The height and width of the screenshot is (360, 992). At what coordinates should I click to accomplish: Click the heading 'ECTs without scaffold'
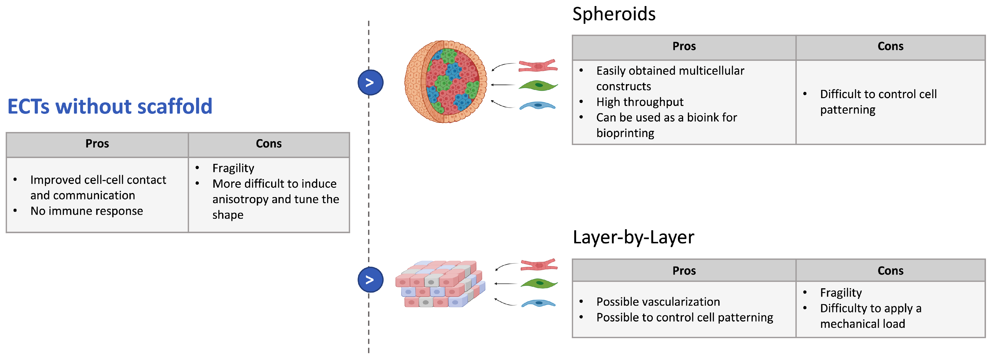coord(110,107)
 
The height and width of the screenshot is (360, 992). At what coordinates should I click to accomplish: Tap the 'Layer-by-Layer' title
coord(633,237)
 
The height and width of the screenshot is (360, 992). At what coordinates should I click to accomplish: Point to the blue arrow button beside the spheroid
coord(370,83)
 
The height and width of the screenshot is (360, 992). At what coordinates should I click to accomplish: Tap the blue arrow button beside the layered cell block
coord(370,280)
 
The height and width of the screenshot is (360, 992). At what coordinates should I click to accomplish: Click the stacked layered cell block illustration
coord(440,284)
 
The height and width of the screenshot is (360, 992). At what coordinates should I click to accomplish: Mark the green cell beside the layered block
coord(539,284)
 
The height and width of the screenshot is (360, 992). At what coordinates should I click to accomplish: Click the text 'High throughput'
coord(640,102)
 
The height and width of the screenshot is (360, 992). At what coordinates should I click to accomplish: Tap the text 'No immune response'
coord(87,211)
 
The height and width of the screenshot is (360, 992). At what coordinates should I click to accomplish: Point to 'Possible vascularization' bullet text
coord(658,302)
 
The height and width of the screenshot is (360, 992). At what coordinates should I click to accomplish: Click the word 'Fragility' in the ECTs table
coord(233,168)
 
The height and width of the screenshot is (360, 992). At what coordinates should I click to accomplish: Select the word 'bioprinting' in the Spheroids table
coord(625,133)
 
